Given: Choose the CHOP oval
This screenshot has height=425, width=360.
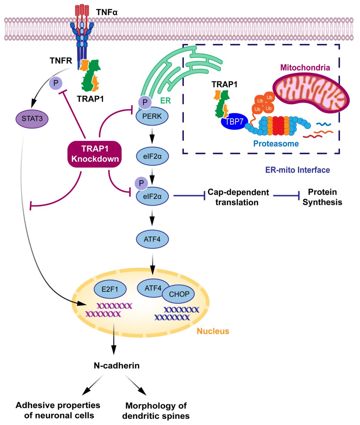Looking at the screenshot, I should point(176,294).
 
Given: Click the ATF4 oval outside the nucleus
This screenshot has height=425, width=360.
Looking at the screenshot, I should point(152,239).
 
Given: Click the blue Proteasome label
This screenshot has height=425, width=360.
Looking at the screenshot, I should point(276,144).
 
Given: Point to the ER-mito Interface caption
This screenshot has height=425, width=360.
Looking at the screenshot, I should point(297,170).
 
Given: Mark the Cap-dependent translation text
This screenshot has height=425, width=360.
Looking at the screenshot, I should point(238,197).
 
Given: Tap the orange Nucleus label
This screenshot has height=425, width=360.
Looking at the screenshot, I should point(213,331).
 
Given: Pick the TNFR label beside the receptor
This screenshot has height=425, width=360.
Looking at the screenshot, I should point(61,61).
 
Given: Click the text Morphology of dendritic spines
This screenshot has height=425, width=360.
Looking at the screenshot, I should point(156,410).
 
